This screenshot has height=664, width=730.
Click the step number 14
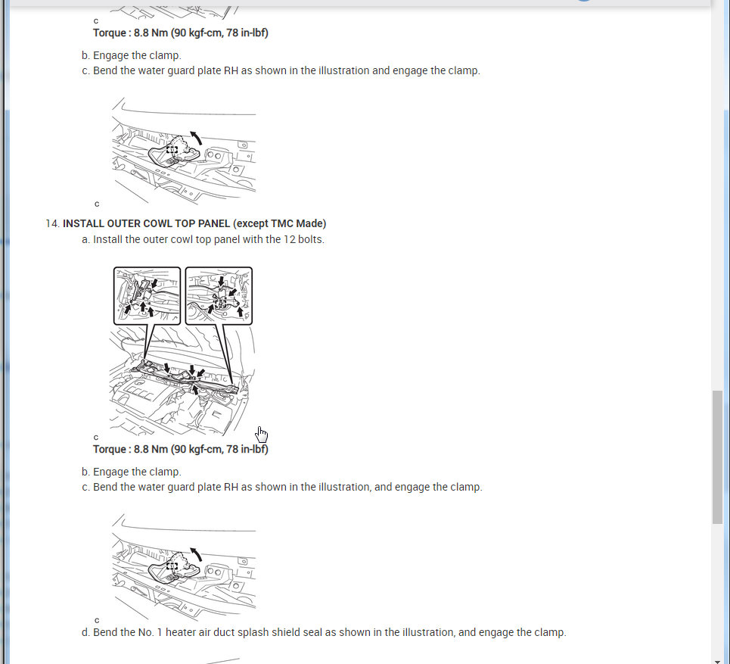point(52,223)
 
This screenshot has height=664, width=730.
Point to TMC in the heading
point(281,223)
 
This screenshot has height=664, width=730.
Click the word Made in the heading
point(309,223)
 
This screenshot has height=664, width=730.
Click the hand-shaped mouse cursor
point(261,435)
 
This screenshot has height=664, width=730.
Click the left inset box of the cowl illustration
point(114,296)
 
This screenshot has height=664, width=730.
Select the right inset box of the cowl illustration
point(186,296)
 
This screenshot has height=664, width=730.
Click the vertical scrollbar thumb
point(717,457)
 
